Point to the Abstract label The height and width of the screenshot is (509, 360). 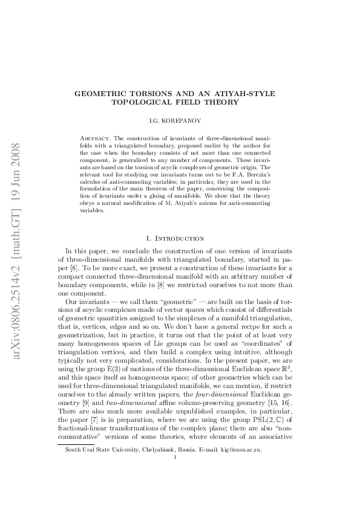click(x=95, y=138)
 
